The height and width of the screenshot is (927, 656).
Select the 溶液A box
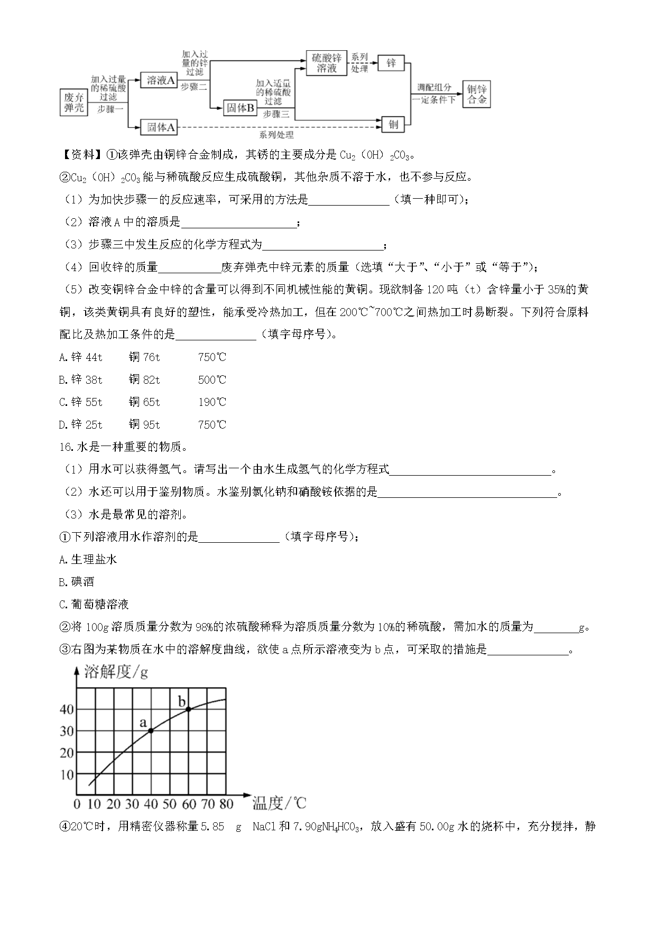click(161, 80)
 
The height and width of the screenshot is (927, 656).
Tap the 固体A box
click(161, 127)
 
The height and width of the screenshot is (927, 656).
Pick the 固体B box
click(240, 108)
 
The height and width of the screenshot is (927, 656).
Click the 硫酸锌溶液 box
click(326, 63)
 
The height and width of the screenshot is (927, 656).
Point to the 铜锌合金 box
click(476, 94)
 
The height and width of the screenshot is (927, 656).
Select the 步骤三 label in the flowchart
click(276, 114)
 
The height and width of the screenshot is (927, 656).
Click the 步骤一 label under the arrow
click(110, 108)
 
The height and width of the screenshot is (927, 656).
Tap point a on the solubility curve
click(151, 730)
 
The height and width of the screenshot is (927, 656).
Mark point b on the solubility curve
click(189, 709)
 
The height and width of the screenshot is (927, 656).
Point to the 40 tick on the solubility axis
click(67, 709)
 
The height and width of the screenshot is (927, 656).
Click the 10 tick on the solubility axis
click(67, 775)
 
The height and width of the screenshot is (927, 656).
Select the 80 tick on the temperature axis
click(226, 804)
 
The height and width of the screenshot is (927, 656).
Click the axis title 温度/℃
click(279, 803)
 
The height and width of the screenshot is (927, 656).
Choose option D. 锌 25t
click(81, 424)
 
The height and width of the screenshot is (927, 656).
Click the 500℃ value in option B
click(212, 379)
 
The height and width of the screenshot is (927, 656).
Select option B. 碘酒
click(77, 582)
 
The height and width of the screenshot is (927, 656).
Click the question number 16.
click(65, 447)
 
